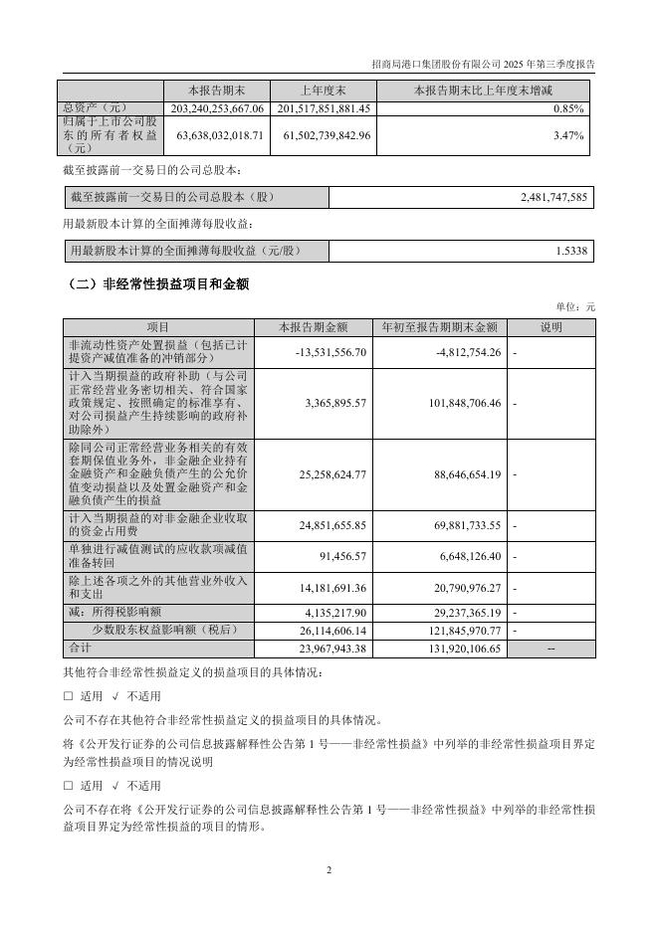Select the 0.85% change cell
pyautogui.click(x=570, y=108)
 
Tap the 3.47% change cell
pyautogui.click(x=570, y=135)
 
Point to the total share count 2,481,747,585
pyautogui.click(x=554, y=198)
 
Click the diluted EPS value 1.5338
pyautogui.click(x=571, y=251)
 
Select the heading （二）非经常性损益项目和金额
pyautogui.click(x=157, y=284)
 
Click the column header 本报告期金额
pyautogui.click(x=314, y=327)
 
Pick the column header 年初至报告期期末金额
pyautogui.click(x=439, y=327)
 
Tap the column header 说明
pyautogui.click(x=550, y=327)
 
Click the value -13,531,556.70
pyautogui.click(x=332, y=351)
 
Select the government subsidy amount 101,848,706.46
pyautogui.click(x=455, y=404)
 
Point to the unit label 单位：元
pyautogui.click(x=576, y=308)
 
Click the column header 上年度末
pyautogui.click(x=324, y=90)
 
